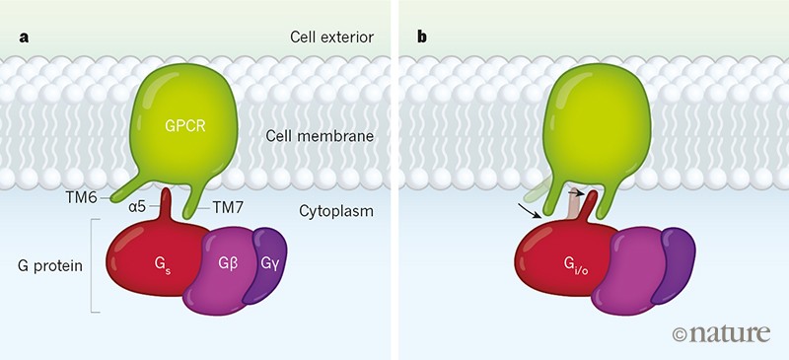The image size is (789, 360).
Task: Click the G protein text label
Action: coord(50,266)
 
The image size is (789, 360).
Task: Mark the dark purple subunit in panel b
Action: coord(678,259)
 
